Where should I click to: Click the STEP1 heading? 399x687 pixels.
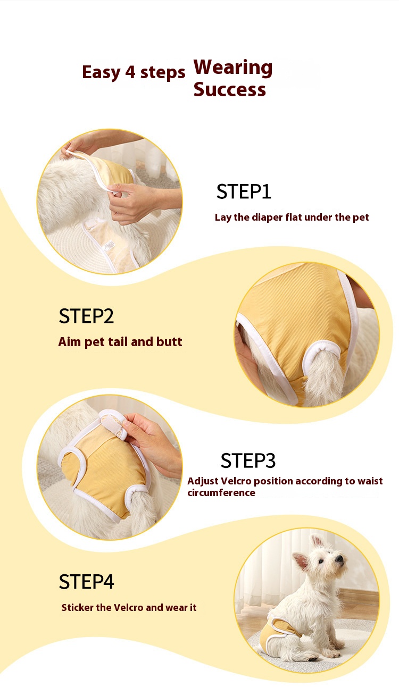244,191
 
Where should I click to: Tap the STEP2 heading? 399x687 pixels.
86,316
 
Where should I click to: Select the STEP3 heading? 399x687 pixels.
248,460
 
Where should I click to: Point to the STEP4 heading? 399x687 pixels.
86,582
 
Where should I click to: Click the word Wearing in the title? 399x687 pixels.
233,68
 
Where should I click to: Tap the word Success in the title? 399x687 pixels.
230,89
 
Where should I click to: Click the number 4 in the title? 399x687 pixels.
130,72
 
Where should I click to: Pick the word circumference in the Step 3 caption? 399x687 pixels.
221,492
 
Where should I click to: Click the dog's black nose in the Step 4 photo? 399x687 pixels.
339,558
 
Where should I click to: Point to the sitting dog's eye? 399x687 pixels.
321,562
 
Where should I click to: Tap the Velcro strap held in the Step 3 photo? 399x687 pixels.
113,424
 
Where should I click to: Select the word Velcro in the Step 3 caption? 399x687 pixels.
236,481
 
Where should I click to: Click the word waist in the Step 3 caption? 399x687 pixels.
371,481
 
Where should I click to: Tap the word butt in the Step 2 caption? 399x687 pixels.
169,342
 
